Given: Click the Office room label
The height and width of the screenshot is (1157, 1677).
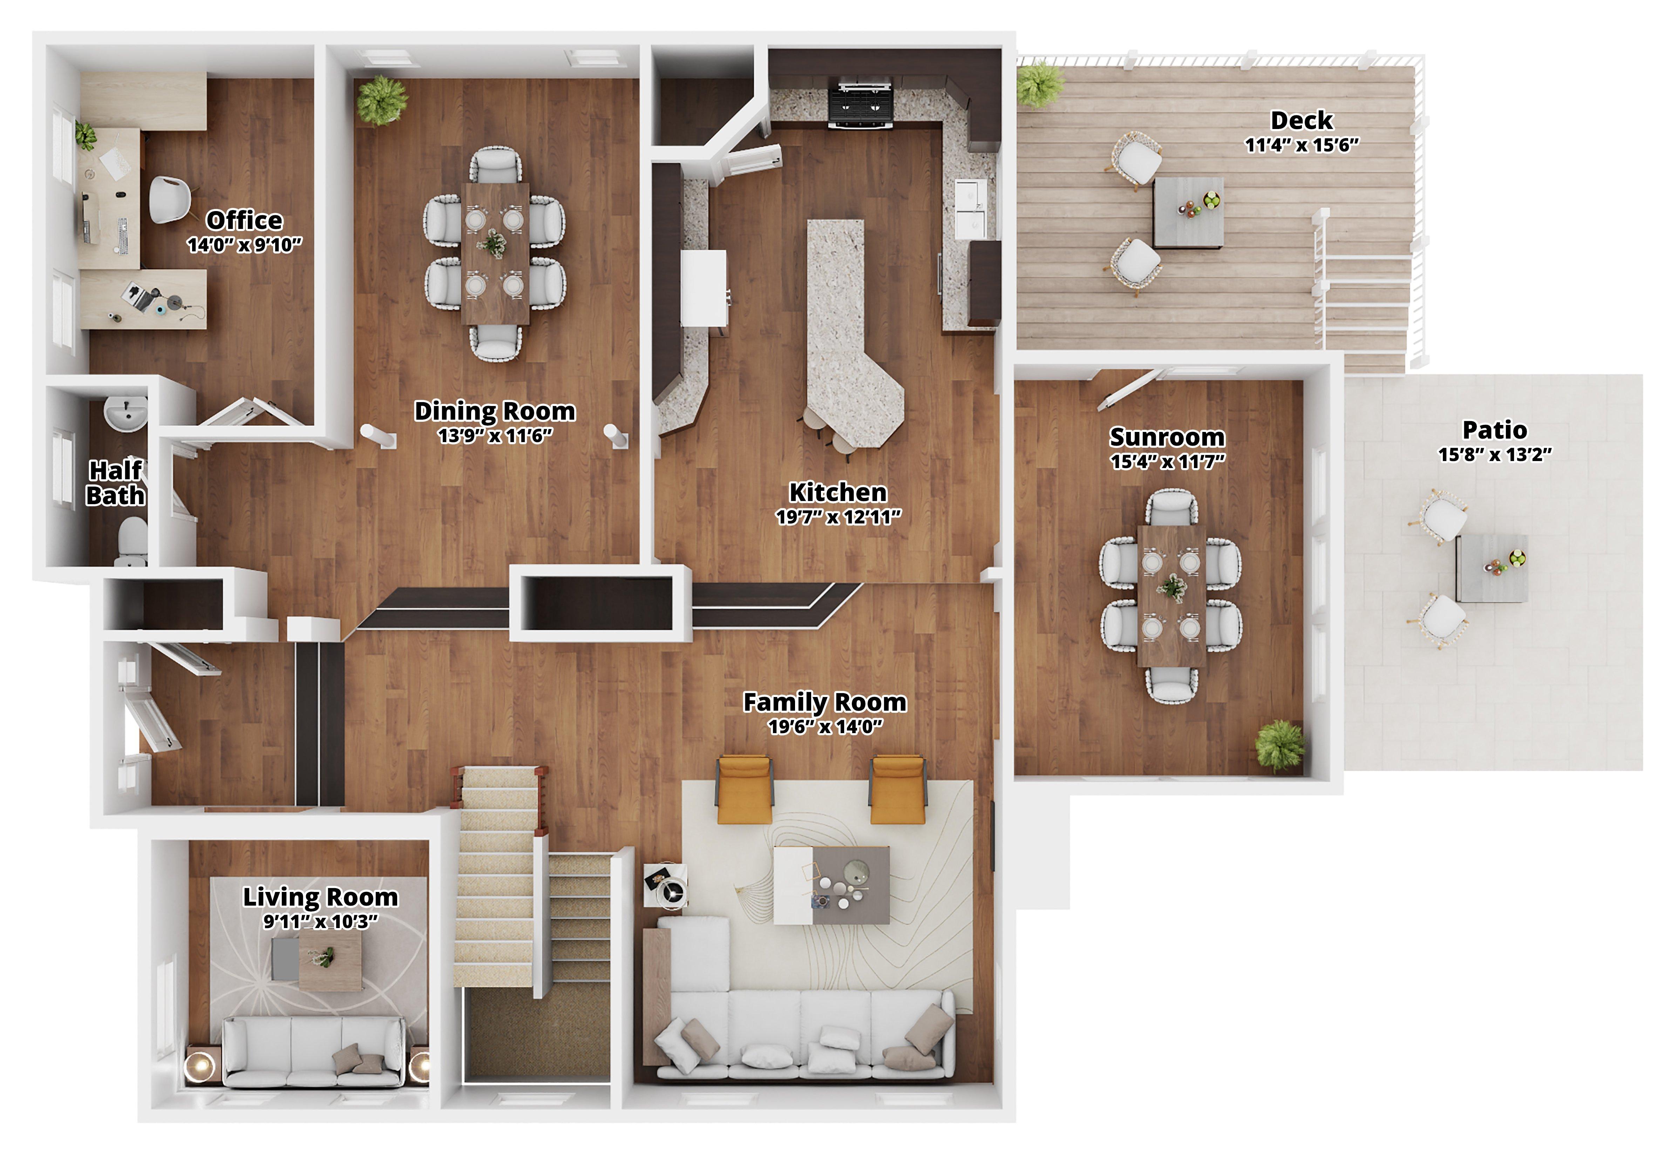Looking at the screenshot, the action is pos(244,220).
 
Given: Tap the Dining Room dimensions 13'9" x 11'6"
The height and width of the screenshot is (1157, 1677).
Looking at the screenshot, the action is pos(495,435).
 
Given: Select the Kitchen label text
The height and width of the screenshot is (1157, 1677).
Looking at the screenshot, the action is pos(838,492).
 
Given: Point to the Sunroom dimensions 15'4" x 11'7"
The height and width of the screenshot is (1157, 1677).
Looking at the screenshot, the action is pos(1168,461).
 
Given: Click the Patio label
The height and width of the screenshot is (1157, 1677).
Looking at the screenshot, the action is pos(1494,430).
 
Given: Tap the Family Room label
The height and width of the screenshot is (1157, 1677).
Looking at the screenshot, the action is pos(825,702).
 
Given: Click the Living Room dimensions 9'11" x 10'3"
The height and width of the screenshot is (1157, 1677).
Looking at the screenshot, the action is pos(320,921).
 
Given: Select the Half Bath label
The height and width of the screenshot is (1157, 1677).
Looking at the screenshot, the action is pos(115,483).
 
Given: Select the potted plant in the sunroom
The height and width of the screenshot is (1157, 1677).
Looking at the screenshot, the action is pos(1280,745).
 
